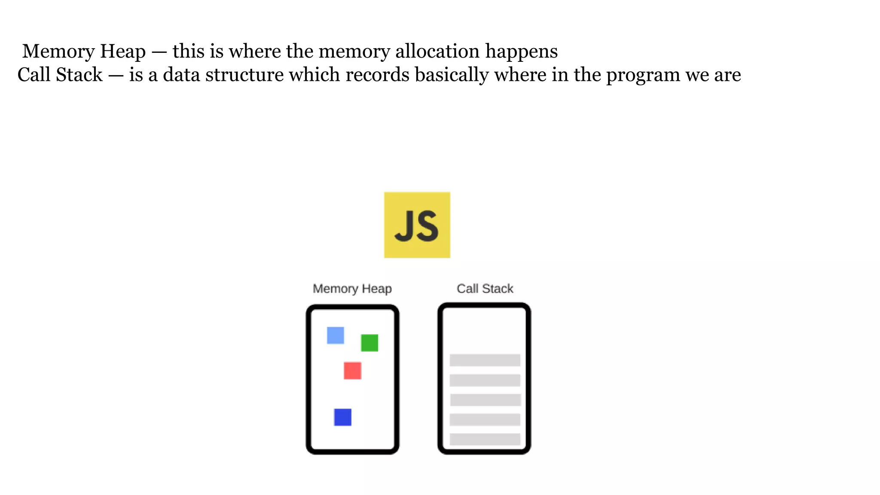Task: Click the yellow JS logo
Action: (417, 225)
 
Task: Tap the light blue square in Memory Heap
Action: (335, 335)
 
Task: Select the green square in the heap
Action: (370, 343)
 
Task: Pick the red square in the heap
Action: (352, 370)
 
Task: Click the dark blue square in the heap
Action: (342, 417)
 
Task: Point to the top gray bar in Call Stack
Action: (485, 360)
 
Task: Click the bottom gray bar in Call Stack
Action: (485, 439)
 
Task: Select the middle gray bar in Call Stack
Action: (485, 400)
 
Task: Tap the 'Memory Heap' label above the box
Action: (352, 288)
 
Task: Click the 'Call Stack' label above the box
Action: (485, 288)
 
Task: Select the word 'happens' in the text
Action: (522, 52)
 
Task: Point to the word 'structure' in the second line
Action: (244, 75)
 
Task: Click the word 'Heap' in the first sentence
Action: (123, 52)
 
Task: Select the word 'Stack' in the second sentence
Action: (79, 75)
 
